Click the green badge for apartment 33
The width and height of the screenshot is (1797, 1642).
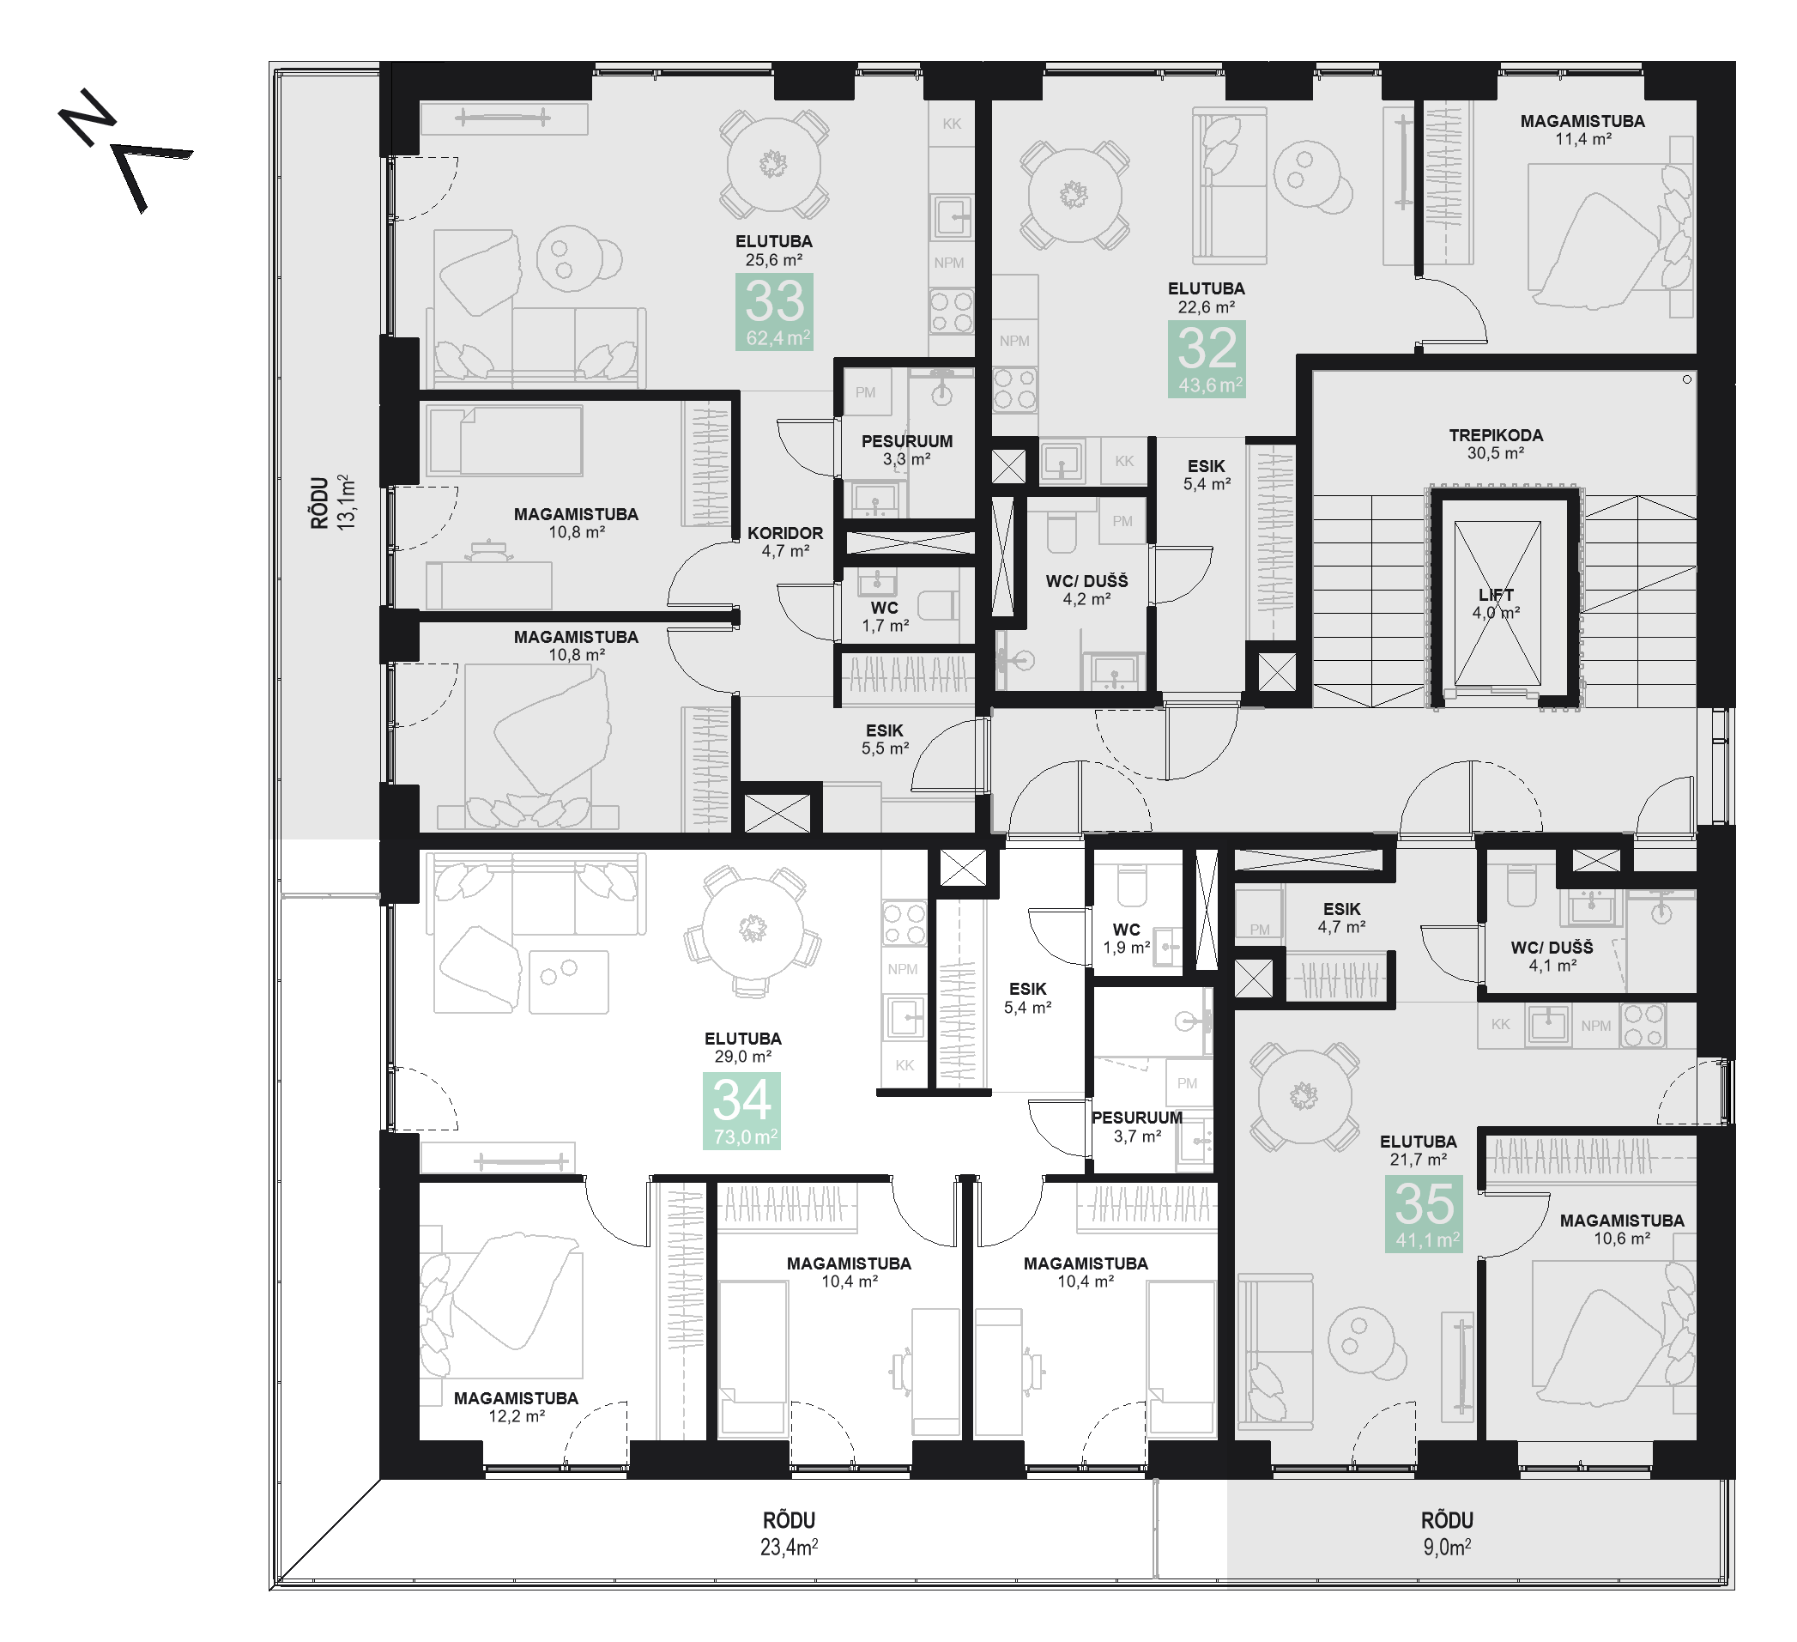[x=774, y=312]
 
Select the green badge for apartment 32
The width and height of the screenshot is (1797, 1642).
[x=1207, y=358]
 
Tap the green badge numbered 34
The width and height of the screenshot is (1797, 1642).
[x=741, y=1111]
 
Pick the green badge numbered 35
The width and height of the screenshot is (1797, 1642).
[x=1425, y=1214]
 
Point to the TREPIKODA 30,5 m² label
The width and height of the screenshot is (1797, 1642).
[x=1496, y=444]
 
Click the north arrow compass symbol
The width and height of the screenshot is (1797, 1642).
[x=124, y=149]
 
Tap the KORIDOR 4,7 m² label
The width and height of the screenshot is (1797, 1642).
[x=785, y=542]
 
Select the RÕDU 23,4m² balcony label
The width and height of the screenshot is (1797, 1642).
[x=789, y=1533]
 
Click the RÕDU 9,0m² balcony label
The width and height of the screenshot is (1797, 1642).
[x=1447, y=1533]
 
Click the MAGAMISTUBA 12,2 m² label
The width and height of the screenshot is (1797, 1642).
[x=516, y=1407]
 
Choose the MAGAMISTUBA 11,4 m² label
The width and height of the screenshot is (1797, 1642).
[x=1583, y=130]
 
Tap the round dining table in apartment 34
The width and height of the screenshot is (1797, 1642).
[x=753, y=929]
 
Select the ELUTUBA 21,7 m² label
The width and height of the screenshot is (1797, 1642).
[x=1419, y=1150]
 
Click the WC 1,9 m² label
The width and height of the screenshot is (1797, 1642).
[x=1127, y=939]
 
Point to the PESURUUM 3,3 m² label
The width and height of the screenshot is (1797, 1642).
[x=906, y=450]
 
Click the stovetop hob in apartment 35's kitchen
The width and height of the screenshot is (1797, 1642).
[x=1643, y=1025]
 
